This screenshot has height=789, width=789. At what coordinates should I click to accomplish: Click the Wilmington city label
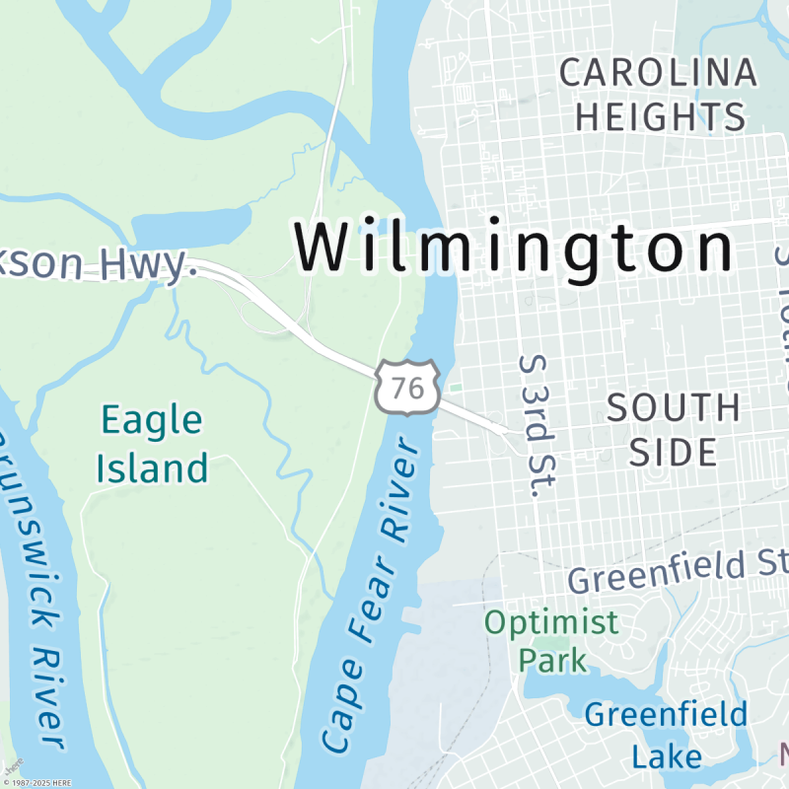point(515,248)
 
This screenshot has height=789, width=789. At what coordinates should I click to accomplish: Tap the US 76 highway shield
point(406,387)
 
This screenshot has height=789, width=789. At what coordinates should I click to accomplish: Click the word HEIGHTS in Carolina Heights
point(661,116)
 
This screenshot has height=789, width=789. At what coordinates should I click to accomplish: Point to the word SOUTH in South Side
point(674,407)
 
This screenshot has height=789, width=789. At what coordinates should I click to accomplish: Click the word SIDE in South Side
point(674,452)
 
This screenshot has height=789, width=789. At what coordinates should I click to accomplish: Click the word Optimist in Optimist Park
point(551,622)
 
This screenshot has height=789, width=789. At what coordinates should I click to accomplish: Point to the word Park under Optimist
point(552,658)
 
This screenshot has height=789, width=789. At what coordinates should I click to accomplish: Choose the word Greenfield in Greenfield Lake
point(666,714)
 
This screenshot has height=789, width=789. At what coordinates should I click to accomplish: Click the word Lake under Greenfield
point(667,755)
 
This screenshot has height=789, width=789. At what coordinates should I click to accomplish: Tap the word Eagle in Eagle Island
point(153,421)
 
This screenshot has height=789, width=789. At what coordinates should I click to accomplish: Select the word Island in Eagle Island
point(153,466)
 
